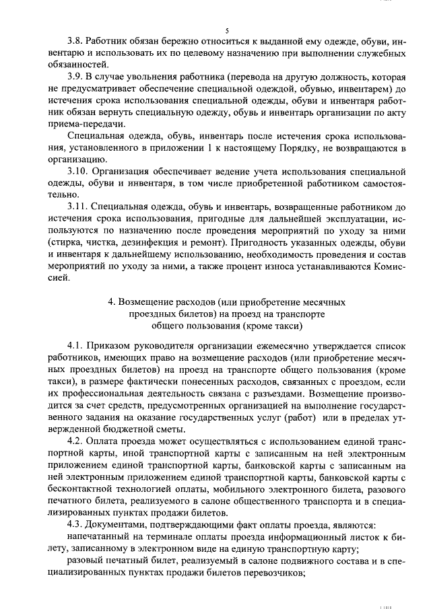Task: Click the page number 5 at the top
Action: (227, 31)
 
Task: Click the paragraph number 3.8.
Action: (76, 40)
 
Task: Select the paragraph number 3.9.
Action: (76, 77)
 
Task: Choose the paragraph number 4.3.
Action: (76, 526)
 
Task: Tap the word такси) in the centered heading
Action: (284, 326)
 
